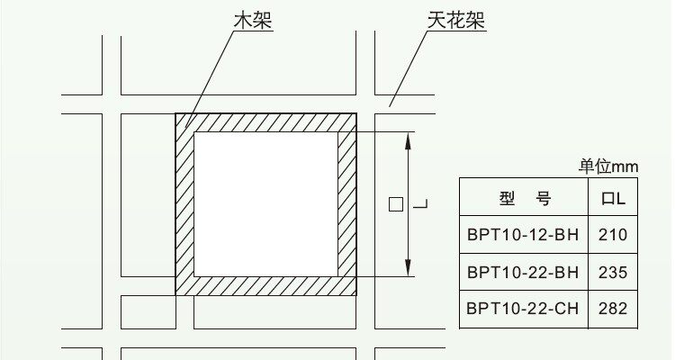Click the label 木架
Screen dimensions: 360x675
(252, 20)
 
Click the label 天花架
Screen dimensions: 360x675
(454, 20)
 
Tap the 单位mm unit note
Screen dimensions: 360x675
(607, 166)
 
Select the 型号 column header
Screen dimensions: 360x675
(524, 198)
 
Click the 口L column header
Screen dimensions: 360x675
(612, 198)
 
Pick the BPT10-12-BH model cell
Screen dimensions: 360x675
(523, 236)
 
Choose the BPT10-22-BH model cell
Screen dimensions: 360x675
(523, 273)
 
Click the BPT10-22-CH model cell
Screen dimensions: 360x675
(523, 309)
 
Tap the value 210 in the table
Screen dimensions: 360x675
(612, 236)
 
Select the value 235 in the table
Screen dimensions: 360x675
(612, 273)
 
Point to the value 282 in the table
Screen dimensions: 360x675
(612, 309)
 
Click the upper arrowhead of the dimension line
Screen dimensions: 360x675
(409, 139)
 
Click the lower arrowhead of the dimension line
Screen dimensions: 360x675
(409, 269)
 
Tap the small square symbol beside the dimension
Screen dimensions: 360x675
(395, 204)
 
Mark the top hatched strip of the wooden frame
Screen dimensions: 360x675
(265, 123)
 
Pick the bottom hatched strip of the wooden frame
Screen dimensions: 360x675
(265, 285)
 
